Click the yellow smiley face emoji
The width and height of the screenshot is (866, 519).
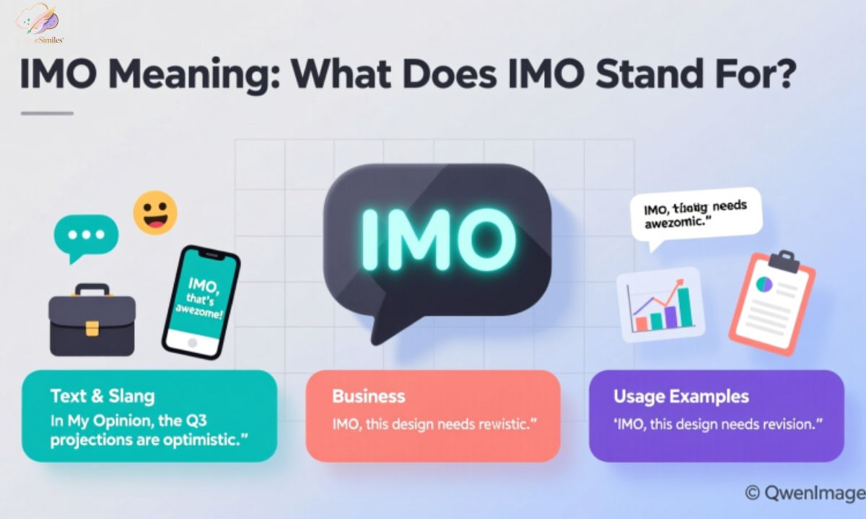[155, 212]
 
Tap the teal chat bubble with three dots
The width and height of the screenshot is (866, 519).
[85, 236]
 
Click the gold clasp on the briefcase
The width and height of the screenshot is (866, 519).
[92, 329]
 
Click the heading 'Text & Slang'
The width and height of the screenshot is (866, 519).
[102, 396]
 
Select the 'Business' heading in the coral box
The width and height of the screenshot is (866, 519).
[368, 396]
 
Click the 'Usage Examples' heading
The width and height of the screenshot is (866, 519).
[681, 396]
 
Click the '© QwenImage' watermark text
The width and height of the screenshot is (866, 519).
[805, 492]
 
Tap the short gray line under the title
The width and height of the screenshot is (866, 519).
[47, 113]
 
